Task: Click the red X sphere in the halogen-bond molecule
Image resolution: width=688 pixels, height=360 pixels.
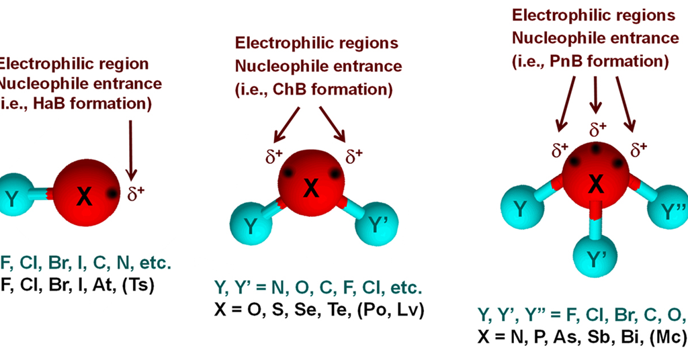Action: click(x=84, y=195)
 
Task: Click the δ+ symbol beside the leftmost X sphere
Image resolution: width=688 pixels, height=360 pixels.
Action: click(x=136, y=193)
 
